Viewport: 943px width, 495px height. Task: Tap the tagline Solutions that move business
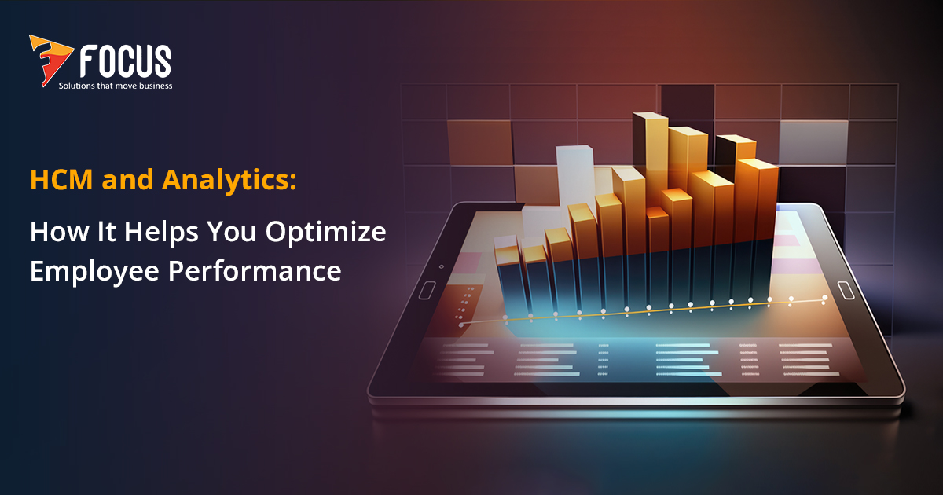pyautogui.click(x=116, y=85)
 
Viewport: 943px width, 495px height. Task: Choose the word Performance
pyautogui.click(x=255, y=270)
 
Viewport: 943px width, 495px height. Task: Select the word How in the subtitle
pyautogui.click(x=52, y=232)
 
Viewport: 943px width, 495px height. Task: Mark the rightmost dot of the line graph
pyautogui.click(x=824, y=297)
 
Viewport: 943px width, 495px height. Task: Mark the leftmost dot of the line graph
pyautogui.click(x=461, y=323)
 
